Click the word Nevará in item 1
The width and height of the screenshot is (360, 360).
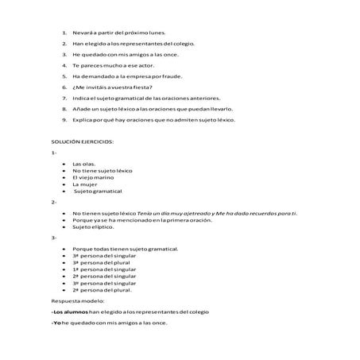point(83,33)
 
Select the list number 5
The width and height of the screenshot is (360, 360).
point(64,76)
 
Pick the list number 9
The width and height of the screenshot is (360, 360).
point(64,120)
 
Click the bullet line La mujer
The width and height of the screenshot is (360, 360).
point(84,184)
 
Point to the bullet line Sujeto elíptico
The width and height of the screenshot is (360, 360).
point(94,226)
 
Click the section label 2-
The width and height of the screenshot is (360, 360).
point(52,203)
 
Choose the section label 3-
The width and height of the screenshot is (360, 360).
point(52,238)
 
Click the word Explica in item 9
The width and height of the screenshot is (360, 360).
point(83,120)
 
